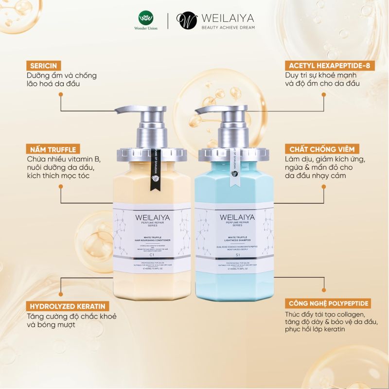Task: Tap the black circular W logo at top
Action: (x=186, y=20)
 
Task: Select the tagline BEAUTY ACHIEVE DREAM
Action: (x=228, y=28)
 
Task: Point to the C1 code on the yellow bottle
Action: (x=152, y=255)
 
